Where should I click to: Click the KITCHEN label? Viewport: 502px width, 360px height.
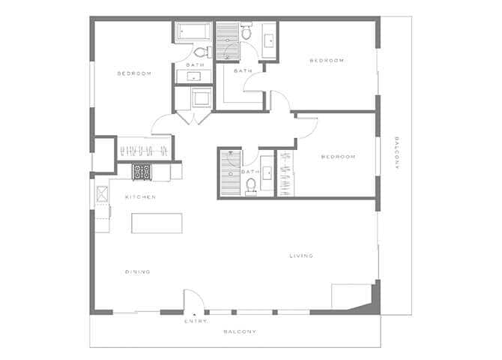coord(140,197)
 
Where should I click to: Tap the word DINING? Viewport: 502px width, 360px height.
coord(139,271)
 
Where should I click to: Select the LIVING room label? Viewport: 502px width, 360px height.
coord(301,256)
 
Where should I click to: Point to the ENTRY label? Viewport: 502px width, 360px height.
coord(195,322)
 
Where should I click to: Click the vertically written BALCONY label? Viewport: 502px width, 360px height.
coord(396,154)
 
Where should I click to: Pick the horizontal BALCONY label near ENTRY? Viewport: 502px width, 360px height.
coord(240,331)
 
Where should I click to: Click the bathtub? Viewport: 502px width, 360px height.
coord(194,33)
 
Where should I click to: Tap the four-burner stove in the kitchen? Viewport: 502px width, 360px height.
coord(142,172)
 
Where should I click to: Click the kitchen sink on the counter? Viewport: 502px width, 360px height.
coord(102,194)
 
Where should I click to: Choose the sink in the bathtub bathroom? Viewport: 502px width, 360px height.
coord(194,76)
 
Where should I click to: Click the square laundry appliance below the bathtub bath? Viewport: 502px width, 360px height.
coord(201,98)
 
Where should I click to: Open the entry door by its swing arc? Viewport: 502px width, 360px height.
coord(194,300)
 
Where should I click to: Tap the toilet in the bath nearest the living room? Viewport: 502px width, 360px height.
coord(251,184)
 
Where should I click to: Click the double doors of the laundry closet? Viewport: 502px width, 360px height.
coord(193,118)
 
